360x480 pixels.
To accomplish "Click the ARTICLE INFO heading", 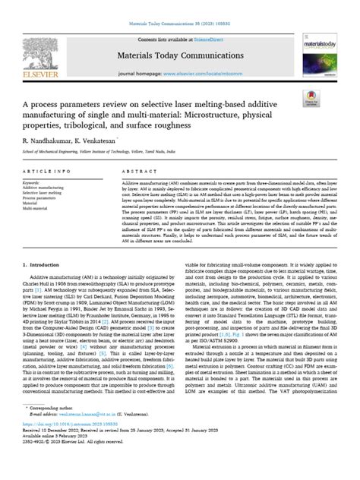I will (46, 172).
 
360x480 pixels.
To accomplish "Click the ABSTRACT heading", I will (138, 172).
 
